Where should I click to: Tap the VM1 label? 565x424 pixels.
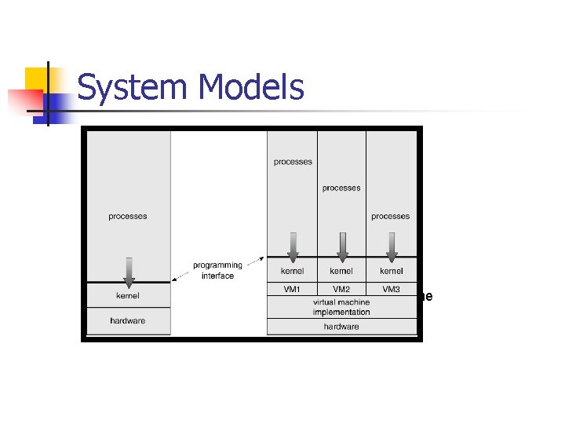coord(292,289)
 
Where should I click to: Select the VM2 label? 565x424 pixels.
coord(341,289)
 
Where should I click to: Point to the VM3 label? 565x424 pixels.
coord(391,289)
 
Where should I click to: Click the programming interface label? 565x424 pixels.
coord(217,270)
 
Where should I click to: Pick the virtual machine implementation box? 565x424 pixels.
coord(341,307)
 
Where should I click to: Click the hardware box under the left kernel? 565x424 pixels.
coord(128,321)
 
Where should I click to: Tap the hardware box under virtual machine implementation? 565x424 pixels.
coord(341,327)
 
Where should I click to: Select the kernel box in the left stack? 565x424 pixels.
coord(128,296)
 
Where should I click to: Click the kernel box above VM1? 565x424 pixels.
coord(292,271)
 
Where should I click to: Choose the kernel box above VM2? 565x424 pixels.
coord(341,271)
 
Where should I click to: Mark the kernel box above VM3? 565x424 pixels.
coord(391,271)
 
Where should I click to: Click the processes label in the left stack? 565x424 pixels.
coord(128,216)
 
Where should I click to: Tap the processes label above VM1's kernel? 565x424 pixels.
coord(293,162)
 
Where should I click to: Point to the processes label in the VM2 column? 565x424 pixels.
coord(341,188)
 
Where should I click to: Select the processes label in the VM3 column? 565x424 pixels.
coord(391,216)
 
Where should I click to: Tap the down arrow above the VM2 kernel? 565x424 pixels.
coord(341,246)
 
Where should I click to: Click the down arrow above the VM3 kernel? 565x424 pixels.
coord(392,246)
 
